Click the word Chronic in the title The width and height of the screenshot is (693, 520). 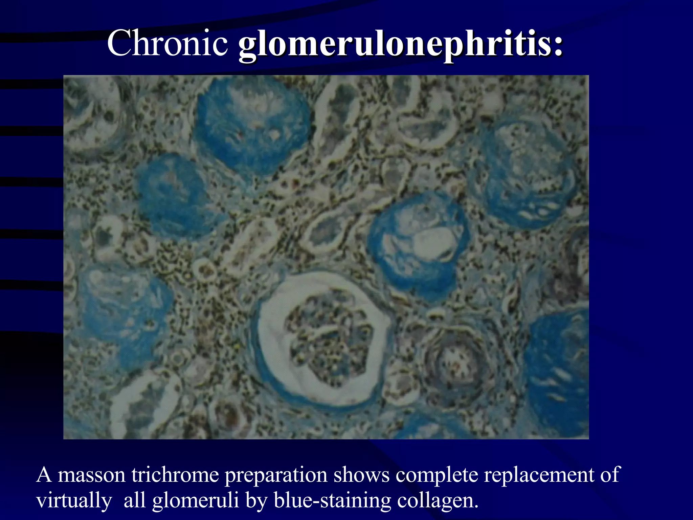coord(167,43)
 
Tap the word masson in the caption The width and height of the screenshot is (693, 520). coord(91,475)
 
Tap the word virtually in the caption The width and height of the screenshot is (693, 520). coord(74,501)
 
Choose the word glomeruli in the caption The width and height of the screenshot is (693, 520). coord(196,501)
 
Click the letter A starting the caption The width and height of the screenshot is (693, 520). coord(44,475)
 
